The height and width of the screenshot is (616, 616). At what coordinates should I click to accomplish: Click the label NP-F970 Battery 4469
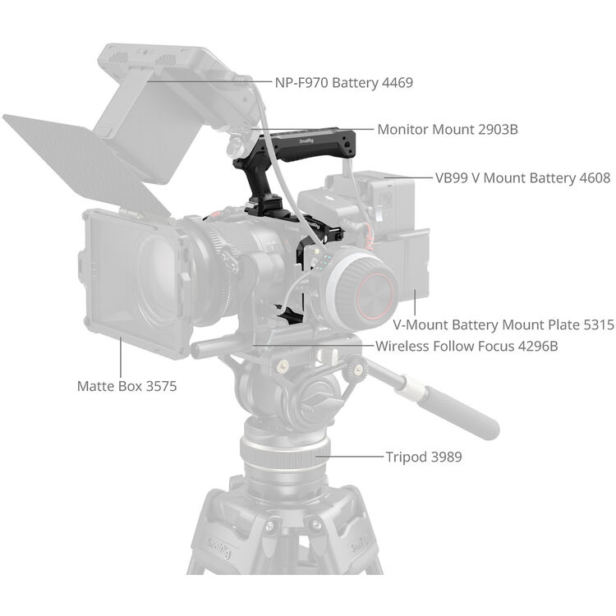[342, 82]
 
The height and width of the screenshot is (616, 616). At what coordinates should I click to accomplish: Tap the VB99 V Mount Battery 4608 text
[522, 177]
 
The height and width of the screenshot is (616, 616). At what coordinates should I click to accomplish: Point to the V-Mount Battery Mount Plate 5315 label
[503, 325]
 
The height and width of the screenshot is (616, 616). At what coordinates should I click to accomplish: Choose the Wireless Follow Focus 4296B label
[467, 346]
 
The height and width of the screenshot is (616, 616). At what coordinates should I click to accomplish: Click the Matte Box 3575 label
[126, 385]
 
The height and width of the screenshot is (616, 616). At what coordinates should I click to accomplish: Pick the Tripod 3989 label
[423, 457]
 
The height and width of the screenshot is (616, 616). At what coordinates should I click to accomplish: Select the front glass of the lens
[160, 275]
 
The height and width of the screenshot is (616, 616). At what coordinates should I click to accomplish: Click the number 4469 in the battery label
[395, 82]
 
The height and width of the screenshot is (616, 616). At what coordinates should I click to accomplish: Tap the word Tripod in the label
[406, 457]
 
